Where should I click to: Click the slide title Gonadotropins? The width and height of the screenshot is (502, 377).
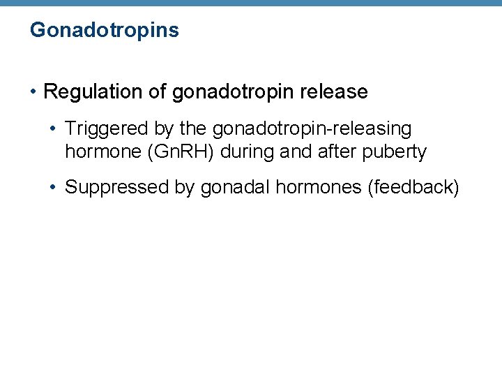pyautogui.click(x=105, y=31)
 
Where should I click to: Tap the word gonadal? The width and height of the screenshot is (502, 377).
pyautogui.click(x=233, y=187)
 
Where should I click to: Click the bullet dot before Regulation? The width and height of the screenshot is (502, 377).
pyautogui.click(x=34, y=92)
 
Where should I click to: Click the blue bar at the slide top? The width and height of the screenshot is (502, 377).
pyautogui.click(x=251, y=3)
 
